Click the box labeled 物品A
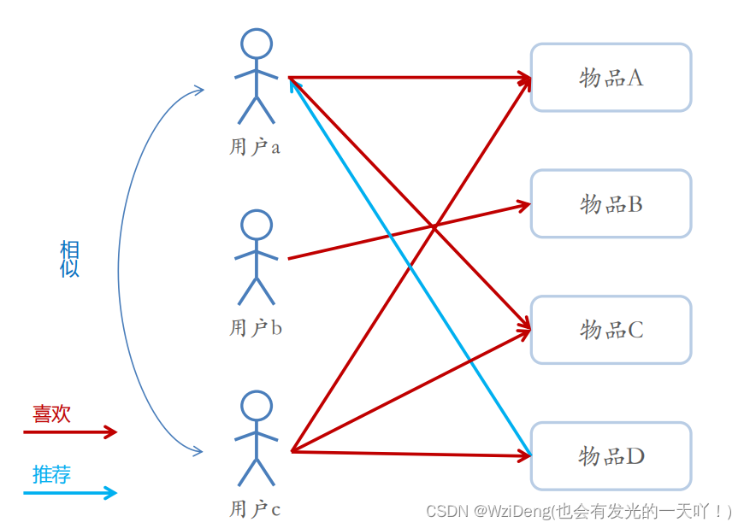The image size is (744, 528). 611,78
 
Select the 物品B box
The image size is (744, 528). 611,203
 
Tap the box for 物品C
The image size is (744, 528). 611,330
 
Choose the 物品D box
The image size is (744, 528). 611,455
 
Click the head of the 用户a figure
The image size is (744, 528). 256,43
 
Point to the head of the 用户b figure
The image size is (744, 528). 256,224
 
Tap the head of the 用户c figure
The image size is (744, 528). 256,406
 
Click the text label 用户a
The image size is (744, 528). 255,147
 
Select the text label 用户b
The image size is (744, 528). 255,328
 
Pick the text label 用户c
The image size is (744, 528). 255,510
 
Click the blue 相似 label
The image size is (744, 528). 69,259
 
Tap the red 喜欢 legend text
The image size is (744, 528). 51,414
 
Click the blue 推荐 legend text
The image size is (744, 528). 51,475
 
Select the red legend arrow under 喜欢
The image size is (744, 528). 68,432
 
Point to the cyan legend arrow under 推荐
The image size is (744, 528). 68,492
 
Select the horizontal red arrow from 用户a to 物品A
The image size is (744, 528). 410,78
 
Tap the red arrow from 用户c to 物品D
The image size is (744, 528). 410,454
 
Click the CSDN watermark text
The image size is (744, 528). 579,512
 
